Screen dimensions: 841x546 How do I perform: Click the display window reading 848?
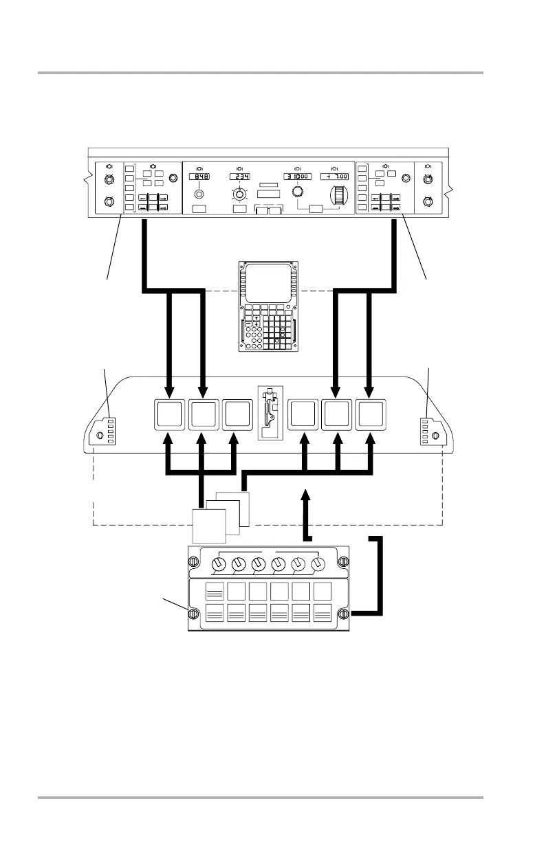199,177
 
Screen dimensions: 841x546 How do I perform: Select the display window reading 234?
240,177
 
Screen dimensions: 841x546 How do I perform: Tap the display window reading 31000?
298,177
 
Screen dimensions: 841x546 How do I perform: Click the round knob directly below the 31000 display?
298,193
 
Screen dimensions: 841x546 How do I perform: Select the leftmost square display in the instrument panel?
169,416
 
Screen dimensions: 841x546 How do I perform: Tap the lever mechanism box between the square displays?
270,413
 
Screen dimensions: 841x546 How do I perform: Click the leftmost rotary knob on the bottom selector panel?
219,564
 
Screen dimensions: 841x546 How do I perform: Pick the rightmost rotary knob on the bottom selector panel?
318,564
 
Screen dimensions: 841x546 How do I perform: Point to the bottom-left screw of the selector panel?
194,614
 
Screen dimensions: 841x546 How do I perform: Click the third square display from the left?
237,416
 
